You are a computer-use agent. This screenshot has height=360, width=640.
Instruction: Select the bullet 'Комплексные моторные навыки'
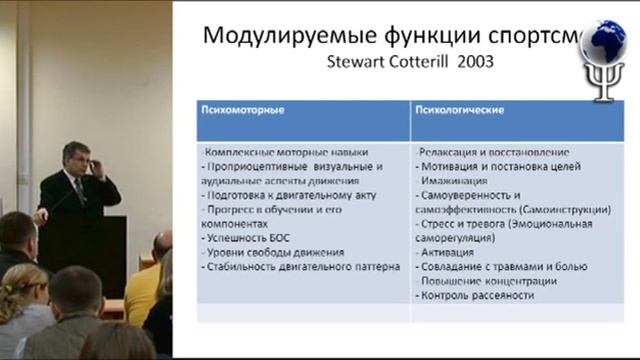coord(270,150)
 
